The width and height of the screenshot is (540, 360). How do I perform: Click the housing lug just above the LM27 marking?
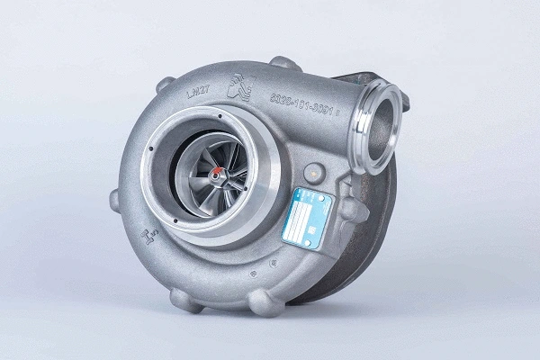pos(165,84)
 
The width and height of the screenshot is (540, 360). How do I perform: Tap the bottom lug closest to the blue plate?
pos(266,302)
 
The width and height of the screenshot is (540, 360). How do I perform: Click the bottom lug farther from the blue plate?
pos(186,299)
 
